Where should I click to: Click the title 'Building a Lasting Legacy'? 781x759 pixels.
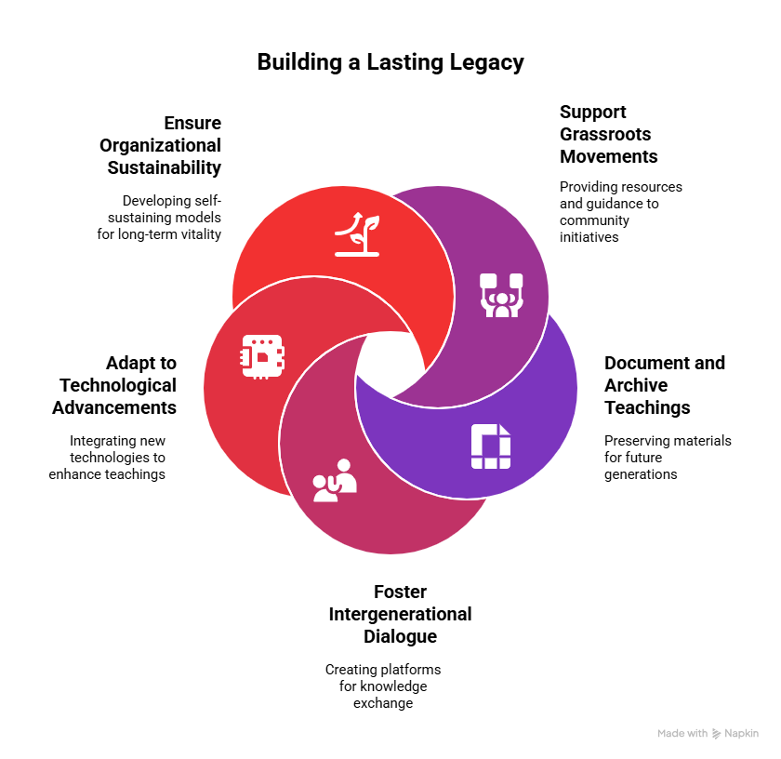[390, 62]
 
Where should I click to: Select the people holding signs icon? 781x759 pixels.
[501, 296]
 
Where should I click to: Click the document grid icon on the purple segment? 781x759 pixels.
[490, 446]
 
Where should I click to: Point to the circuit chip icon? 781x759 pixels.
[263, 356]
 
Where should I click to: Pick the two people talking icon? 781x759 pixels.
[335, 481]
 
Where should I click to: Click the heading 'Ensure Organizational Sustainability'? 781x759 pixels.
[164, 145]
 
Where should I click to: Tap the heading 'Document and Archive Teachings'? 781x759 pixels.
[664, 385]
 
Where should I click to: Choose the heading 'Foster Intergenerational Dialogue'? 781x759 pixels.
[400, 614]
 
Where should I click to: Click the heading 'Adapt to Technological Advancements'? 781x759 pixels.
[115, 385]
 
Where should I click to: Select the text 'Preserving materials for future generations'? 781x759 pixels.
[667, 457]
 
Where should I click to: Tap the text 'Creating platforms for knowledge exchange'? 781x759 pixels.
[383, 686]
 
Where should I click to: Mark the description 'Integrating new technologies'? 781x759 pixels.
[108, 457]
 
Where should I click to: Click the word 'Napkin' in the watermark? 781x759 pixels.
[741, 734]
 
